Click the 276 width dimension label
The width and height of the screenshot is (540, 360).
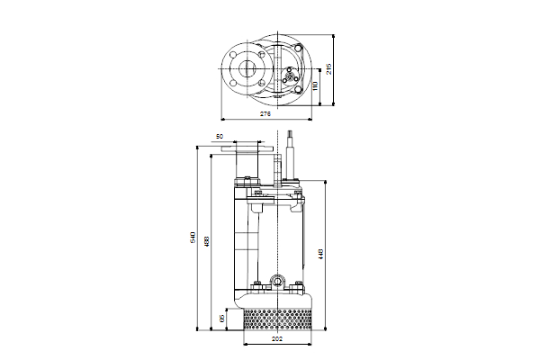click(x=265, y=115)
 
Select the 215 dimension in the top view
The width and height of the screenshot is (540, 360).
click(x=329, y=68)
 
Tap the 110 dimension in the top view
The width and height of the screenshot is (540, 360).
click(x=315, y=85)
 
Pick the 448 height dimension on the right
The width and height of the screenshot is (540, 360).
click(x=321, y=255)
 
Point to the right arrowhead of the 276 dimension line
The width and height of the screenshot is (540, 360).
click(x=315, y=119)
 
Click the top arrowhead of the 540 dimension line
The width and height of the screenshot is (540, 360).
click(x=198, y=144)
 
